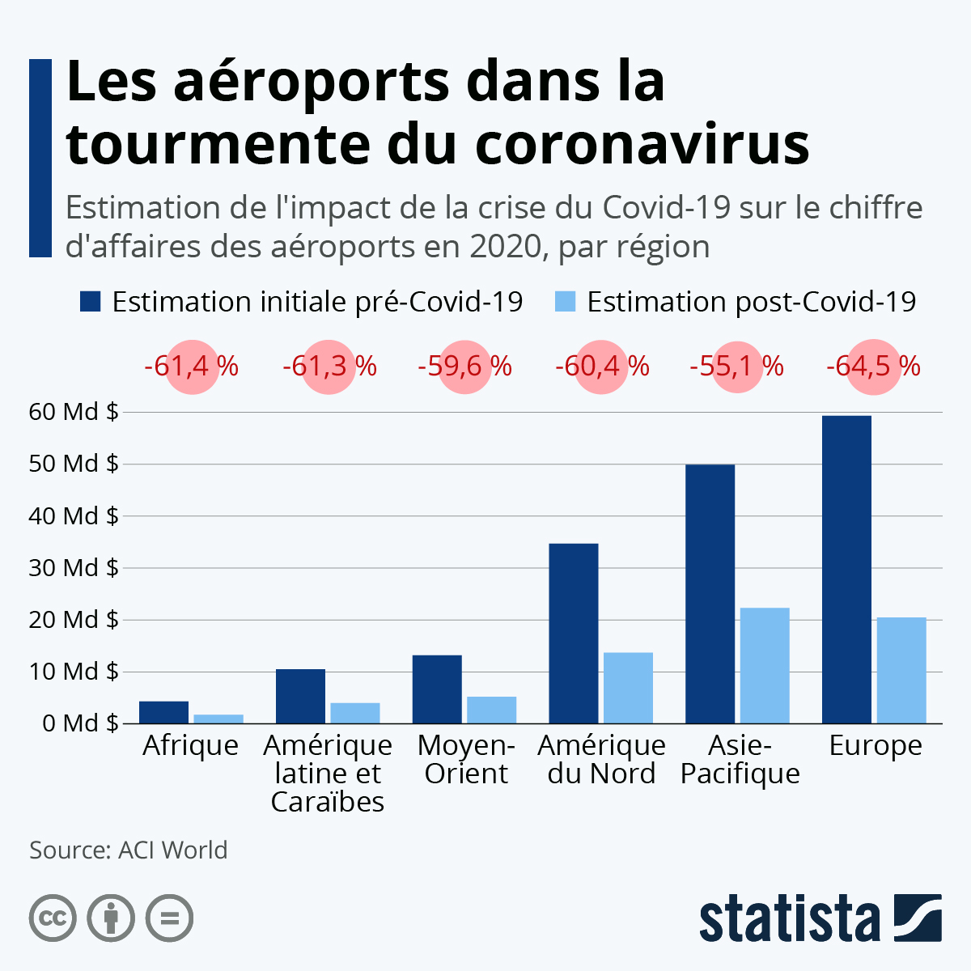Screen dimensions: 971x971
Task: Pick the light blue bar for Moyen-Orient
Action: coord(491,710)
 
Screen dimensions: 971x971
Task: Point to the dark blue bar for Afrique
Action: coord(163,712)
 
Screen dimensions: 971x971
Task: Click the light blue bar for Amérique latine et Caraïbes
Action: coord(354,713)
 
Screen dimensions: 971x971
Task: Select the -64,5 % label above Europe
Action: coord(873,367)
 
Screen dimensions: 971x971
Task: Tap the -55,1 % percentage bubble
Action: coord(736,367)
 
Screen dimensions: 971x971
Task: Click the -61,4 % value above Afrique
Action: coord(192,367)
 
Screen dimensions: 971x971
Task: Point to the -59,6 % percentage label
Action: coord(464,367)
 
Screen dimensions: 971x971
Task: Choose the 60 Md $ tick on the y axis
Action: coord(74,412)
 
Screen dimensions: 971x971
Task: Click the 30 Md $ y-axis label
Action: coord(74,567)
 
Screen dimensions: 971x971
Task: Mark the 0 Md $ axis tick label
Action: coord(74,723)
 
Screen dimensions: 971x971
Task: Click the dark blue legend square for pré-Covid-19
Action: coord(90,302)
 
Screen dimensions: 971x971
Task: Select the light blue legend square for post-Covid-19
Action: coord(565,302)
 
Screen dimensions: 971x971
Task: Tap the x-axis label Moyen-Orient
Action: coord(465,759)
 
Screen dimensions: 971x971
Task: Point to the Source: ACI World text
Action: coord(129,850)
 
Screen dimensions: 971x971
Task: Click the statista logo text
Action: coord(790,919)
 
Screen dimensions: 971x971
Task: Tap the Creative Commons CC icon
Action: coord(53,918)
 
